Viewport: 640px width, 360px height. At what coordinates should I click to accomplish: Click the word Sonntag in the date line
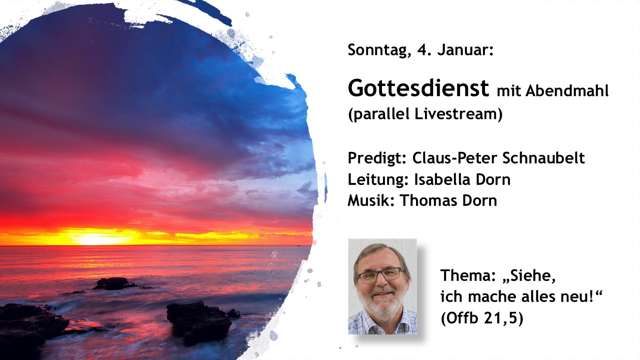click(377, 50)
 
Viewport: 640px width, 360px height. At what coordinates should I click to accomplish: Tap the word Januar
click(465, 49)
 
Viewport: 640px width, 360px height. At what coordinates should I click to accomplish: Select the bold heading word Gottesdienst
click(418, 88)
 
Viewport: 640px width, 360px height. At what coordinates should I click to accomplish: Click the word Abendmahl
click(567, 91)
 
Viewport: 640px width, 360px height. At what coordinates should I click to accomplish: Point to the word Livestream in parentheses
click(458, 113)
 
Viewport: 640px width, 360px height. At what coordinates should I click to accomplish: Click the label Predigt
click(377, 158)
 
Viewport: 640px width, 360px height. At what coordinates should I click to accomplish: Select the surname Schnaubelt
click(543, 157)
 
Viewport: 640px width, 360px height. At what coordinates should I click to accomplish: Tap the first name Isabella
click(438, 179)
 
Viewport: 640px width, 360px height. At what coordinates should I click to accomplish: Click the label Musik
click(371, 200)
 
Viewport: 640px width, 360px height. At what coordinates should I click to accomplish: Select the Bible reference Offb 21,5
click(482, 318)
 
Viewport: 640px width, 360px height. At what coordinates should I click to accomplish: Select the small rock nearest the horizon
click(115, 283)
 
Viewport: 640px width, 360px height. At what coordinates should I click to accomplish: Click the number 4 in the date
click(421, 49)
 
